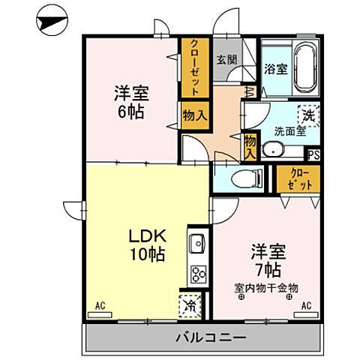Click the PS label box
(314, 155)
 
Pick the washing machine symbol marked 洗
(307, 115)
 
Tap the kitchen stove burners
(198, 273)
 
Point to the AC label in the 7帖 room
(306, 306)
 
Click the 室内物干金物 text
(265, 287)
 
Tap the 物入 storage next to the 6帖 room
(193, 115)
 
